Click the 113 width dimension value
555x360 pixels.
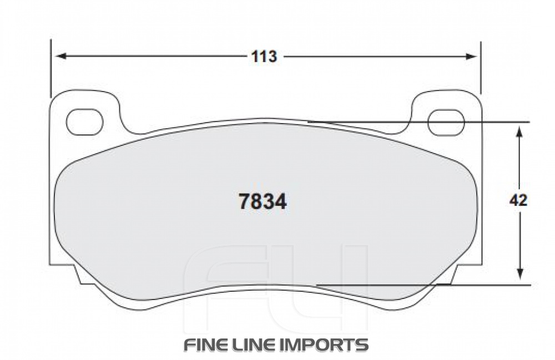click(x=264, y=57)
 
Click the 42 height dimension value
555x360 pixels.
click(x=518, y=201)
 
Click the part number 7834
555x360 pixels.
click(x=263, y=202)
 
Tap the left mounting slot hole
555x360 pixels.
click(x=84, y=122)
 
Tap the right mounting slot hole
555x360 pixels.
click(x=447, y=122)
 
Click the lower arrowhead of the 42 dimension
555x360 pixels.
click(x=519, y=274)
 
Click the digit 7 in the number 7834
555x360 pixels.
click(x=243, y=202)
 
